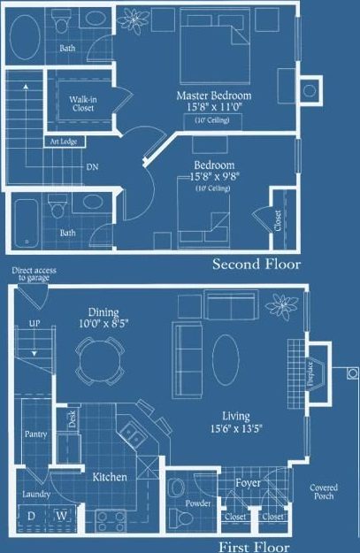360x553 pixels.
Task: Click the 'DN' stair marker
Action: [x=92, y=166]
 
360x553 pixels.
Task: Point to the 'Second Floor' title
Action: [x=257, y=265]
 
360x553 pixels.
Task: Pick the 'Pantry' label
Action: [x=34, y=434]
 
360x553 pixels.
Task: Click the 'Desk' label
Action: [x=73, y=419]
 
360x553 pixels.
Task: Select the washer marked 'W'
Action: [x=62, y=515]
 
